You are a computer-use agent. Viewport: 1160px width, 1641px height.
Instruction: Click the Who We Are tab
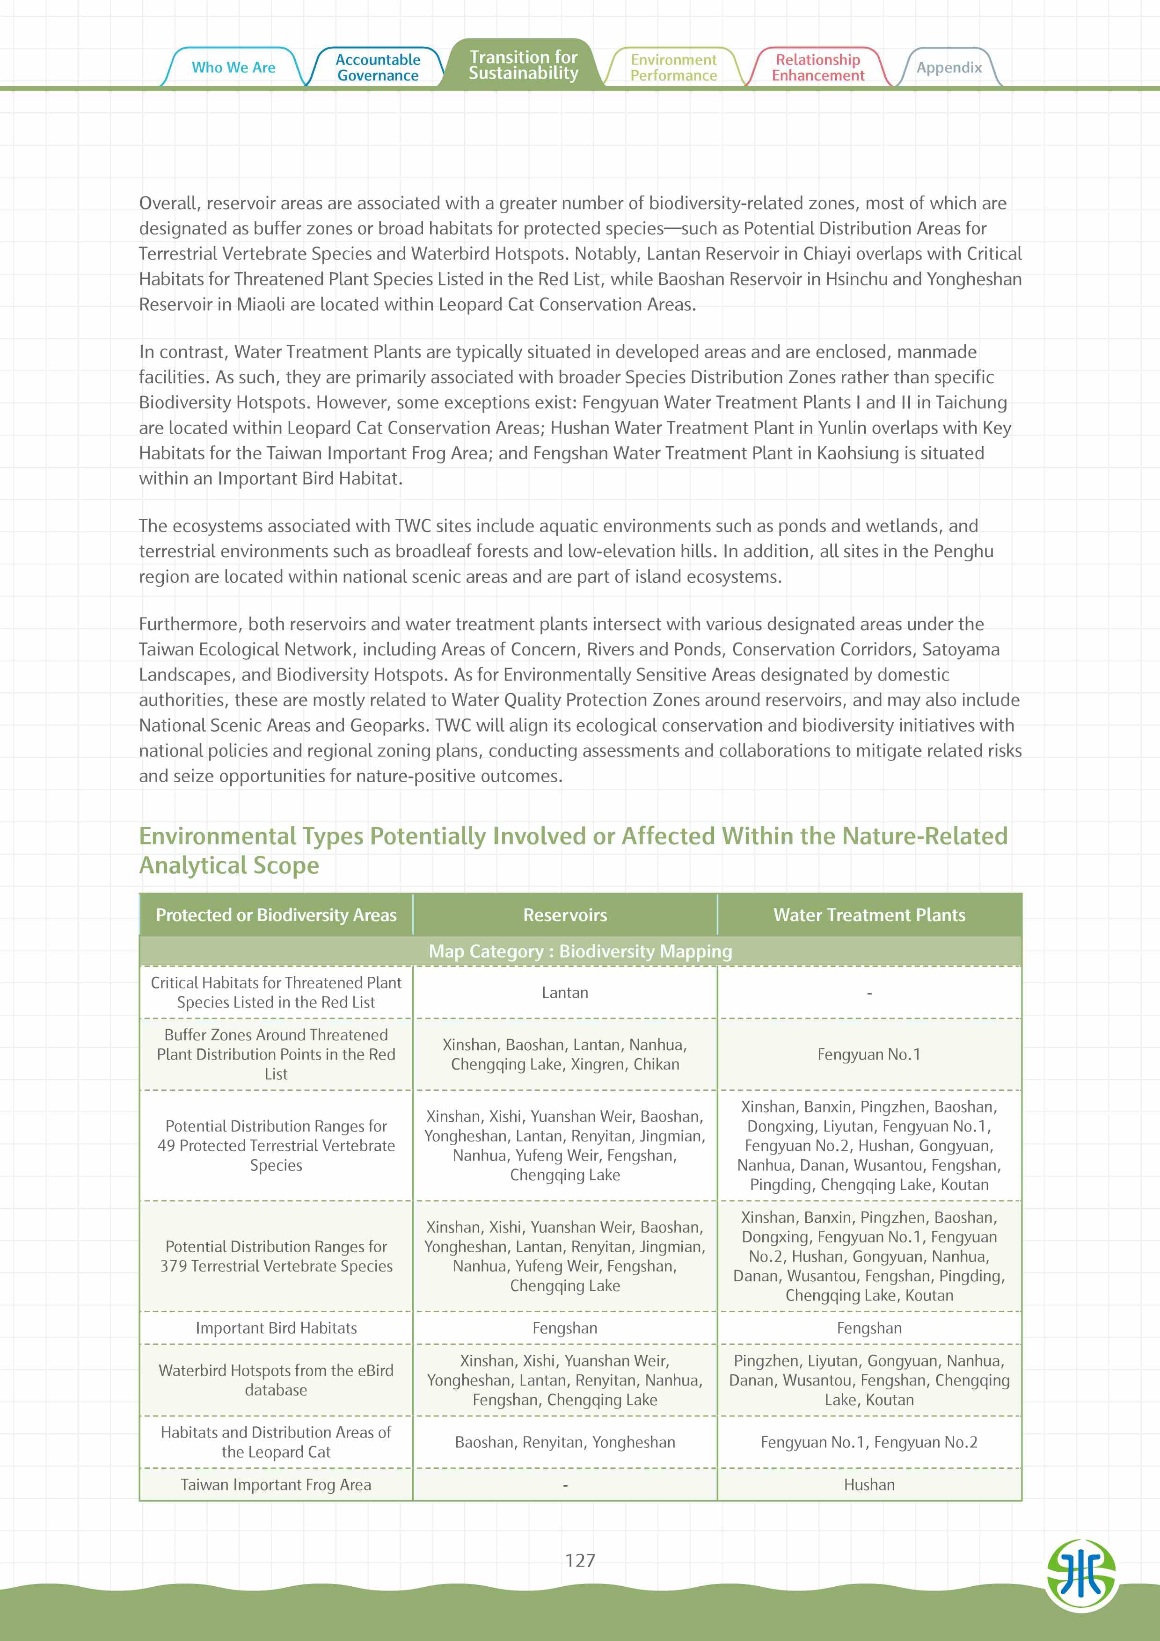pos(233,68)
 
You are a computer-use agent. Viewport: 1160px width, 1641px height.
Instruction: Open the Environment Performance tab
pos(673,68)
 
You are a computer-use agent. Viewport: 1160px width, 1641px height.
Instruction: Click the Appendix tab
pos(949,68)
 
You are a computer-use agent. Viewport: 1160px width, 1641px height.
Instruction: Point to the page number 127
pos(580,1560)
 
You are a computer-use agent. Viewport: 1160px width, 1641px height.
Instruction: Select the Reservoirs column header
pos(565,915)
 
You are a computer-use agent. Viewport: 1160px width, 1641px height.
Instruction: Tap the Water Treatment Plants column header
pos(869,915)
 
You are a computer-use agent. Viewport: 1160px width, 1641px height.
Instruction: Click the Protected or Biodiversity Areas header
pos(276,915)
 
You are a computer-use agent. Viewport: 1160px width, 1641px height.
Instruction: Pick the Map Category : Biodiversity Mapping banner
pos(580,951)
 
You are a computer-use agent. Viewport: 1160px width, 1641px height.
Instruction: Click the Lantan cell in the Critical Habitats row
pos(565,993)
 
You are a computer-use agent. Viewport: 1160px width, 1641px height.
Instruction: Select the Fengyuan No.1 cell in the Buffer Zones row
pos(869,1054)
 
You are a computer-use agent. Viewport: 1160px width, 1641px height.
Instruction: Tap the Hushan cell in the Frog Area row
pos(869,1484)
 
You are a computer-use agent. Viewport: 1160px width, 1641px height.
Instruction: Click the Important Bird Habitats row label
pos(276,1328)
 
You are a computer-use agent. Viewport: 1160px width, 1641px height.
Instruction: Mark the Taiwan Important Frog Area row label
pos(276,1484)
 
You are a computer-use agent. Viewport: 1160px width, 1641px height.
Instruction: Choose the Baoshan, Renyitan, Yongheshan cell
pos(565,1442)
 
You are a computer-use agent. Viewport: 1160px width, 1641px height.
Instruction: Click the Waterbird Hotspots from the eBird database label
pos(276,1380)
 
